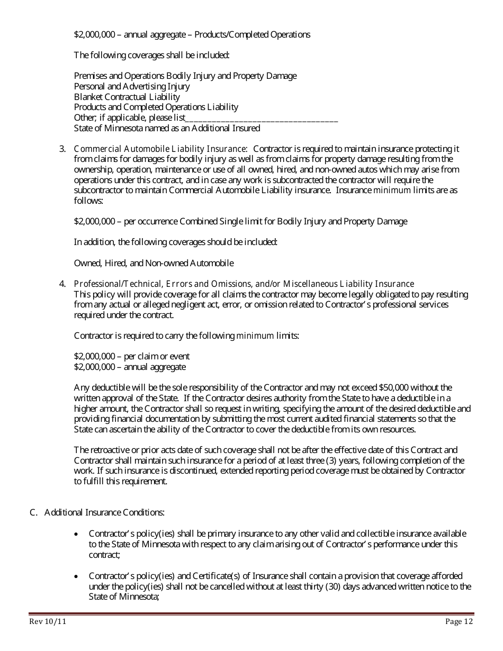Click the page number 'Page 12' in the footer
(x=459, y=622)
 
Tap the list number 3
(x=62, y=149)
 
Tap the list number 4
(x=62, y=284)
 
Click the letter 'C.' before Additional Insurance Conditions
(x=33, y=512)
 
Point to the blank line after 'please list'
(x=262, y=118)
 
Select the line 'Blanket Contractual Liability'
(x=127, y=97)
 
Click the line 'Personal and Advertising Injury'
(x=131, y=86)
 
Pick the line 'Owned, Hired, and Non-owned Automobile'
(x=154, y=263)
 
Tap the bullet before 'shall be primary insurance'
(x=78, y=534)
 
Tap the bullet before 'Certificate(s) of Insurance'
(x=78, y=576)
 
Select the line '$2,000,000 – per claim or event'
(x=131, y=356)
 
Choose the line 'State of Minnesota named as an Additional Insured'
(x=167, y=128)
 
